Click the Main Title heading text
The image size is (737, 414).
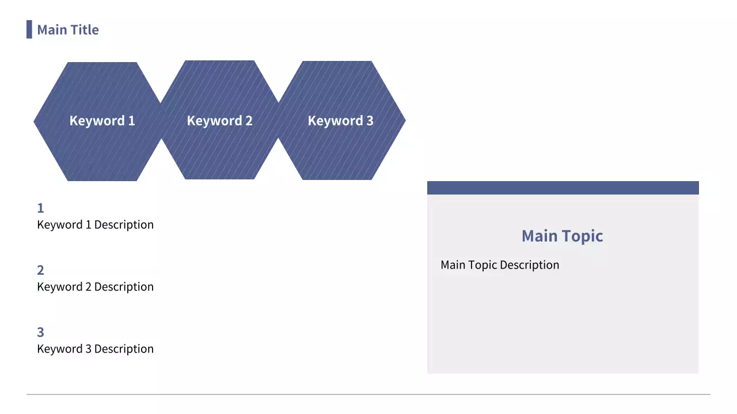(x=68, y=29)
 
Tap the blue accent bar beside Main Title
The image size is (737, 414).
(x=29, y=29)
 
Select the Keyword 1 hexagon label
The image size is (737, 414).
(x=102, y=121)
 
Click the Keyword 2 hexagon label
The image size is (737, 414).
(x=219, y=121)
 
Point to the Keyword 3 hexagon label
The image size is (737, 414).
(x=340, y=121)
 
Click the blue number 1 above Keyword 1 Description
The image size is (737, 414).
(x=40, y=208)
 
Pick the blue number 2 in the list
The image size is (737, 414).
(x=40, y=270)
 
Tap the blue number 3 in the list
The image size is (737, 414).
(x=40, y=332)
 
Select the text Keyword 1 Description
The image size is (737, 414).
(x=96, y=225)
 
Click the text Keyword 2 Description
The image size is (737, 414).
(x=96, y=287)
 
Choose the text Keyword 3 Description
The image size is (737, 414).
(x=96, y=349)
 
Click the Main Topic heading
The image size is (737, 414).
(x=563, y=236)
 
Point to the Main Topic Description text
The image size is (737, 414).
(x=500, y=265)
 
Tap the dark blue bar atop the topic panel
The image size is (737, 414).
(x=563, y=187)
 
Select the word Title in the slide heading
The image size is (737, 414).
(x=85, y=29)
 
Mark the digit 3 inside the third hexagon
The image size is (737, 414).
(x=370, y=121)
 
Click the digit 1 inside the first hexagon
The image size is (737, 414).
(x=132, y=121)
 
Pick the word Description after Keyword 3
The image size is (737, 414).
(x=124, y=349)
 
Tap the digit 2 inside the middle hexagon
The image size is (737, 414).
(x=249, y=121)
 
